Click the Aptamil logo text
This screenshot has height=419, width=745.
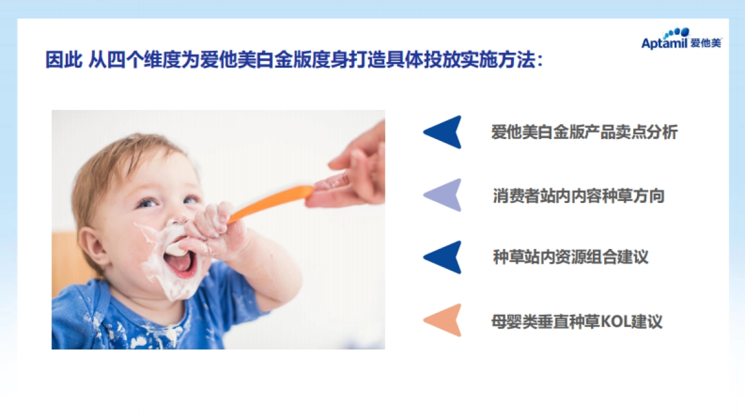pos(664,43)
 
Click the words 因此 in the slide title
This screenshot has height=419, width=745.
pos(63,60)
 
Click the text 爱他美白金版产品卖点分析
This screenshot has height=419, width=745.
pos(584,132)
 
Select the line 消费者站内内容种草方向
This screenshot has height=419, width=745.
pos(579,196)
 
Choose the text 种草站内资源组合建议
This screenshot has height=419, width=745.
pos(571,257)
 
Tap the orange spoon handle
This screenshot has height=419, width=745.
pos(271,203)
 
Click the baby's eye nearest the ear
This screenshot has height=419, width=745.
pos(147,202)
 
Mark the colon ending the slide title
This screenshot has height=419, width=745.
pos(540,61)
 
